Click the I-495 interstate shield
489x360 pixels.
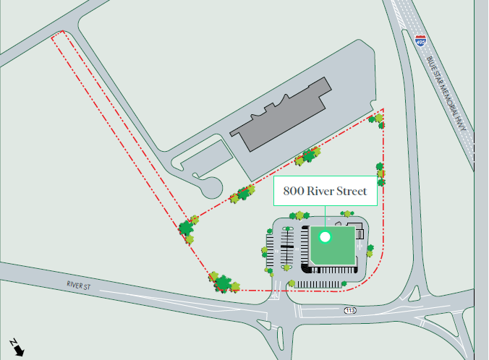coord(421,41)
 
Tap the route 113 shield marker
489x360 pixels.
coord(350,310)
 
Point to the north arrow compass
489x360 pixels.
coord(17,347)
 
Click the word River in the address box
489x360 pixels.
coord(322,192)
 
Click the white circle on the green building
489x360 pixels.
coord(325,236)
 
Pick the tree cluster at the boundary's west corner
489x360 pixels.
coord(188,230)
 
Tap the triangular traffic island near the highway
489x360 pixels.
coord(414,293)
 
